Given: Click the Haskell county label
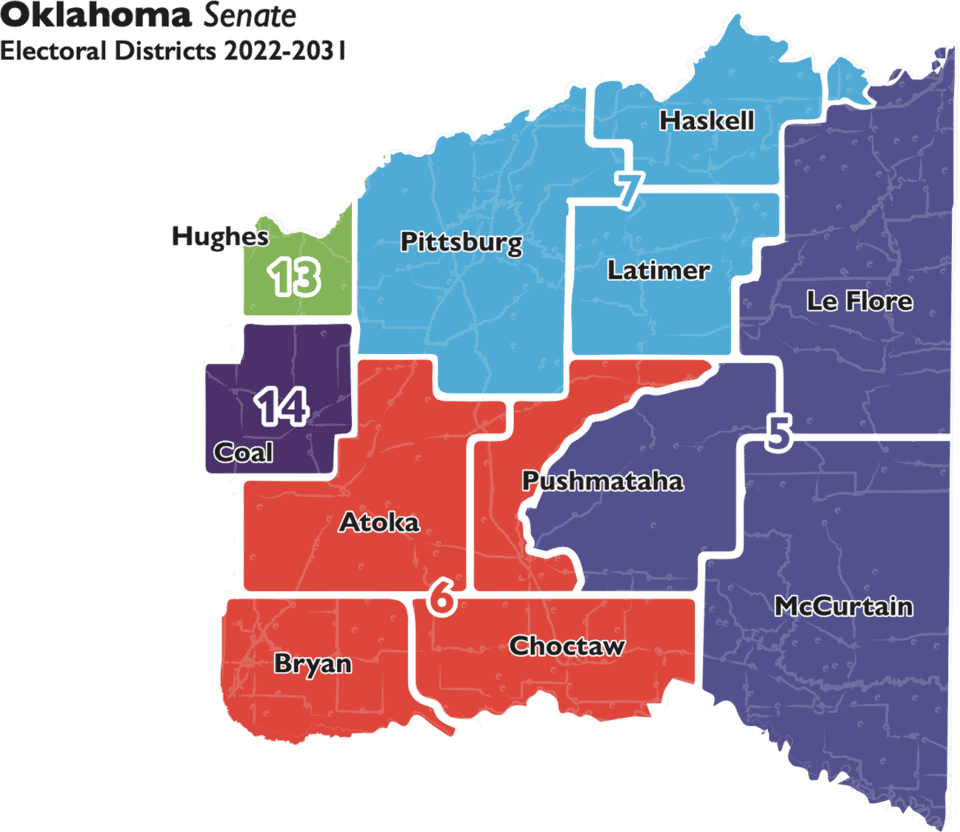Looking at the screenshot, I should (x=706, y=122).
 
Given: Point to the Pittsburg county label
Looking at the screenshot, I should (x=461, y=243).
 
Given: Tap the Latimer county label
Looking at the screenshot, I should (x=659, y=271).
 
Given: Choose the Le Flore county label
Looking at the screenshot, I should (x=859, y=300).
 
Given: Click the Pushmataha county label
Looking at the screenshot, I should (x=603, y=481).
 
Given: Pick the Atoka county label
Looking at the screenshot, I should (x=379, y=522).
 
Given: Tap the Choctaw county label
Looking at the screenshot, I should (x=567, y=646).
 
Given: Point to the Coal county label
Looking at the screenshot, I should (x=244, y=453).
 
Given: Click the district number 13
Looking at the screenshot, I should (x=294, y=279).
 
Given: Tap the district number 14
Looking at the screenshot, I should (x=283, y=407).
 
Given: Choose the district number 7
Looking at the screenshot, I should (x=626, y=191).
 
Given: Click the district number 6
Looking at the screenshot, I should (x=441, y=598).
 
